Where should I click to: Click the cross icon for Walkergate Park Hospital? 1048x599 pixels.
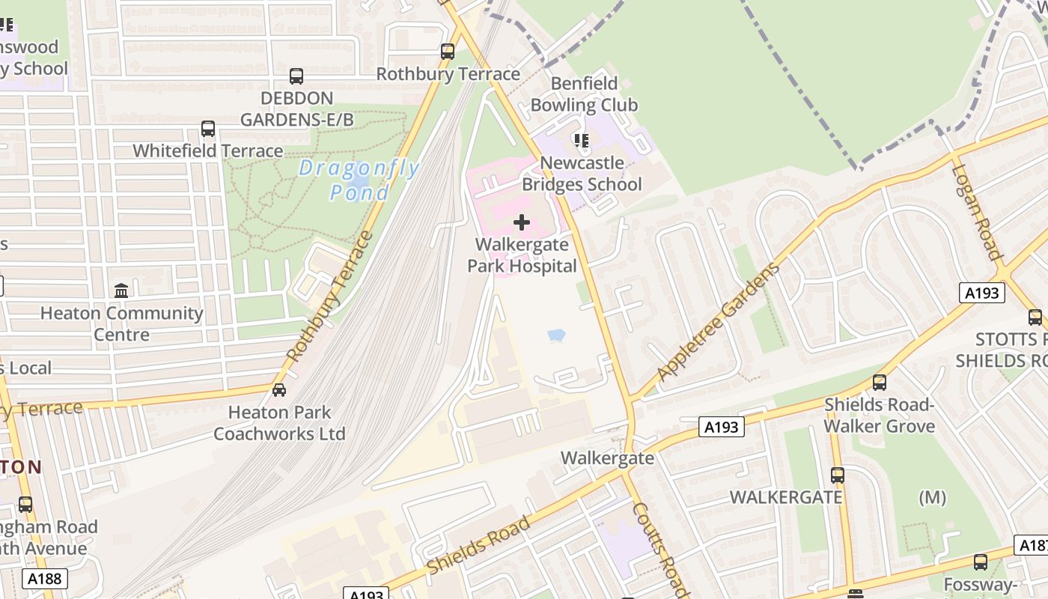click(x=522, y=222)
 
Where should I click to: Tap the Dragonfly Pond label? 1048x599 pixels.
click(x=359, y=180)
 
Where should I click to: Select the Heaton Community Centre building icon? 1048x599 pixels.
click(x=121, y=291)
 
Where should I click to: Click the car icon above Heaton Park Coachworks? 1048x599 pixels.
click(x=279, y=389)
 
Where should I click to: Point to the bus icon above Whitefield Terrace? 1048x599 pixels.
click(x=208, y=129)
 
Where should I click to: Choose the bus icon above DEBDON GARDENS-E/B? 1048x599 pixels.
click(x=296, y=76)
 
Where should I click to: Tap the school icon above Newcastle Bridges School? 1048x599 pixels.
click(x=581, y=140)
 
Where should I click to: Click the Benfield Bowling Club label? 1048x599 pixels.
click(x=584, y=94)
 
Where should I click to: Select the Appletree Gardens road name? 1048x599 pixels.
click(x=718, y=322)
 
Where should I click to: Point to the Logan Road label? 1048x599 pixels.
click(x=977, y=212)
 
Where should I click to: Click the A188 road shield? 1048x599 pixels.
click(x=45, y=578)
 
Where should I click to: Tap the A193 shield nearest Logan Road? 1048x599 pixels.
click(x=981, y=293)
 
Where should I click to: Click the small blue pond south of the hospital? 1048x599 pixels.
click(x=556, y=335)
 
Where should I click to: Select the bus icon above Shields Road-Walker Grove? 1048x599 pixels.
click(x=880, y=383)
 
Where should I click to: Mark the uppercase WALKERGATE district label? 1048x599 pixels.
click(x=786, y=497)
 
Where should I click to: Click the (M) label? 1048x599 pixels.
click(x=932, y=497)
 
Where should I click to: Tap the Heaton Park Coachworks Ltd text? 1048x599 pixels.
click(x=279, y=423)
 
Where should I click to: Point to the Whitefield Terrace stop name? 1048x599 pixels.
click(x=208, y=150)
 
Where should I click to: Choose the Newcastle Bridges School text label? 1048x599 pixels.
click(x=582, y=174)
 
